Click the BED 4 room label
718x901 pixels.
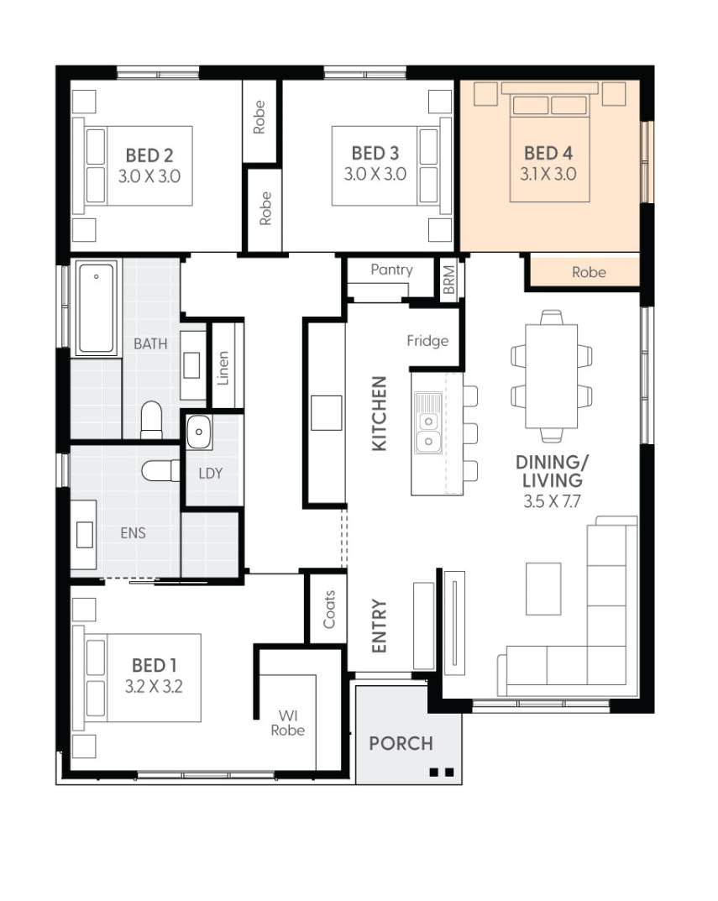[x=548, y=153]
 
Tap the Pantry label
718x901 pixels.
[x=391, y=270]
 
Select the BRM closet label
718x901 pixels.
[x=449, y=280]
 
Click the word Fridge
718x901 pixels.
[x=427, y=341]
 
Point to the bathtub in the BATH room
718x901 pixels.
[x=96, y=307]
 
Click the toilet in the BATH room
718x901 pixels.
[x=152, y=420]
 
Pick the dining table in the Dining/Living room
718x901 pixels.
[x=551, y=376]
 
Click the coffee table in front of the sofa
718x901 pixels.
[x=543, y=589]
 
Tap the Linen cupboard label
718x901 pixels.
[x=223, y=368]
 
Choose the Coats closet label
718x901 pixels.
[x=329, y=610]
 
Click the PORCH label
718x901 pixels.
[x=401, y=743]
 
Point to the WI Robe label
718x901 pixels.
[x=287, y=723]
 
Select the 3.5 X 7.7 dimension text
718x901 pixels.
[x=552, y=501]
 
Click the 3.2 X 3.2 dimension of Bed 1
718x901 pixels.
[x=154, y=686]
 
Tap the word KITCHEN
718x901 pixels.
[x=379, y=414]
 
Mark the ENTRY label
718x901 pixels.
[x=379, y=626]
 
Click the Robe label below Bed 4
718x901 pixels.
[x=589, y=272]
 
